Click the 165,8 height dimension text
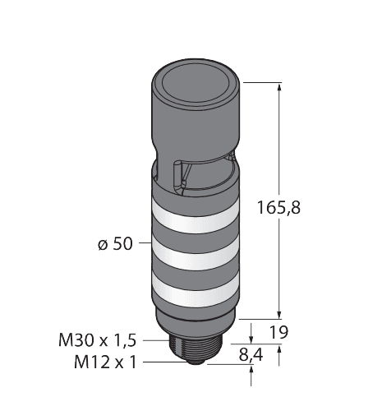coord(301,208)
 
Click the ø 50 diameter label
coord(116,244)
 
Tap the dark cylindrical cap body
coord(197,123)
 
